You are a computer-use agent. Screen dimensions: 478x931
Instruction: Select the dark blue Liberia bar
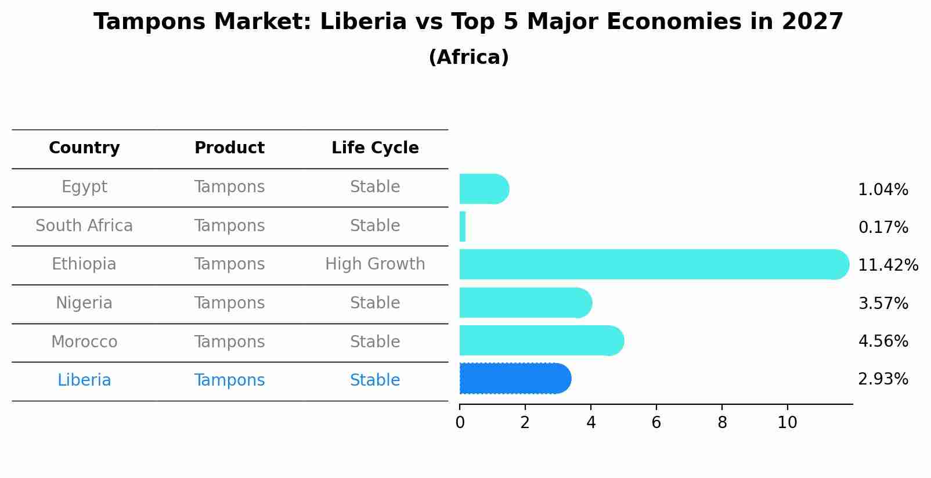point(514,379)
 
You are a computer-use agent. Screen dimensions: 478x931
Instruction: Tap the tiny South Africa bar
point(463,227)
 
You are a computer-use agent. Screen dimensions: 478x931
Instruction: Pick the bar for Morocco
point(540,340)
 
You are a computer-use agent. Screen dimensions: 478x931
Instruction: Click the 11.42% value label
point(887,265)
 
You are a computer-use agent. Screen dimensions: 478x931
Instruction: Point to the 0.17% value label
point(883,228)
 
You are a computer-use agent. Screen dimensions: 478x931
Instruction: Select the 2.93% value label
point(883,379)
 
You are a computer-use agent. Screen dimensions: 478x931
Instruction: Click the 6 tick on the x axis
point(656,423)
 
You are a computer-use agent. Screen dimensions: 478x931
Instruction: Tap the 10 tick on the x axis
point(787,423)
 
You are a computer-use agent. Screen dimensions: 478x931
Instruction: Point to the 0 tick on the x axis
point(460,423)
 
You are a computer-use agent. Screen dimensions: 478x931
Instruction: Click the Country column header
point(84,148)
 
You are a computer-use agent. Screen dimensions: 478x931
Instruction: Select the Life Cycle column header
point(375,148)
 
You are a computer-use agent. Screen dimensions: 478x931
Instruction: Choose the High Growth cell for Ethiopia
point(375,264)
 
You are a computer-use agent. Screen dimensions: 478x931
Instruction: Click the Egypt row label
point(84,187)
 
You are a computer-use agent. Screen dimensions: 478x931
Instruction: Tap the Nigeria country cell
point(84,303)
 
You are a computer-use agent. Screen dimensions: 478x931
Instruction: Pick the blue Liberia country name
point(84,380)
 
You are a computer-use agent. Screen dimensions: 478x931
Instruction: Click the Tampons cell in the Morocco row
point(229,342)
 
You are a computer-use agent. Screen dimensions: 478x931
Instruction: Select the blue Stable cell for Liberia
point(375,380)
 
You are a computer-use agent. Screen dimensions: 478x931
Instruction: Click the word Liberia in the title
point(363,22)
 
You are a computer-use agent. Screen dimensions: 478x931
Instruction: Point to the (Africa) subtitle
point(468,57)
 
